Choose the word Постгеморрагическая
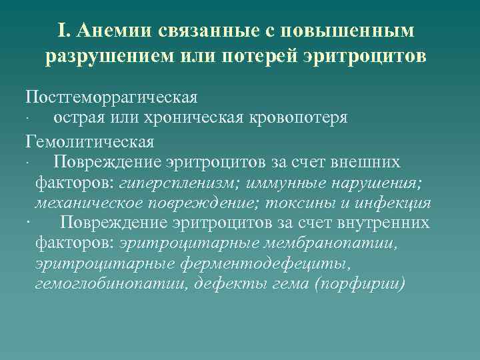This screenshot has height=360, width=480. pyautogui.click(x=111, y=97)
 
